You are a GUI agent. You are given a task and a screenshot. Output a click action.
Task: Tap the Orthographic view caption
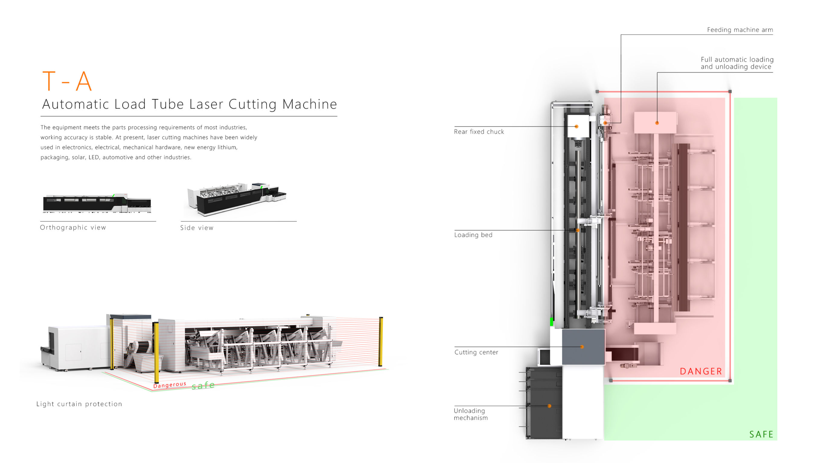click(73, 228)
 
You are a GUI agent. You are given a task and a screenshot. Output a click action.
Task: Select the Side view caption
click(197, 228)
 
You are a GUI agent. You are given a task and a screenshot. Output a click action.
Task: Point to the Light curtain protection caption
click(79, 404)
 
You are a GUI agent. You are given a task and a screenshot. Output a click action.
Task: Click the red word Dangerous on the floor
click(170, 385)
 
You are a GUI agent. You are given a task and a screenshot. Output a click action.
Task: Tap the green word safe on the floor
click(203, 385)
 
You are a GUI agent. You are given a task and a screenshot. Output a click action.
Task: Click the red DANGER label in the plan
click(701, 371)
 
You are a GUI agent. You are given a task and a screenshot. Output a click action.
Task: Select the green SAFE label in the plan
click(761, 434)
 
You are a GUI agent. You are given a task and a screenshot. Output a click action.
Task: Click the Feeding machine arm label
click(740, 30)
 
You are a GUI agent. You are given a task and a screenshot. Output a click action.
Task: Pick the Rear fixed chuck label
click(479, 132)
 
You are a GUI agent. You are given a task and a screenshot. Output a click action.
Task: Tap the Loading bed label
click(473, 235)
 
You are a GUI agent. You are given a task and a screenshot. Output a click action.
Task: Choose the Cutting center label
click(476, 352)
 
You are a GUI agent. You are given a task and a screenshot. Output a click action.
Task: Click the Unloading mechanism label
click(471, 414)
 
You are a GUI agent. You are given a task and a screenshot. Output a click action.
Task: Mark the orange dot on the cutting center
click(582, 347)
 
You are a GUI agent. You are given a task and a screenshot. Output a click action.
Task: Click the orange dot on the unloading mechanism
click(549, 406)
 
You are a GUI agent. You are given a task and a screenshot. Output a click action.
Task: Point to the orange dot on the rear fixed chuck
click(576, 127)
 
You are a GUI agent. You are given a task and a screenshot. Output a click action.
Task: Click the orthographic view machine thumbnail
click(97, 203)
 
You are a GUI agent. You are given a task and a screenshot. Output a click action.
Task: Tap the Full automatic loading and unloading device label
click(737, 63)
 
